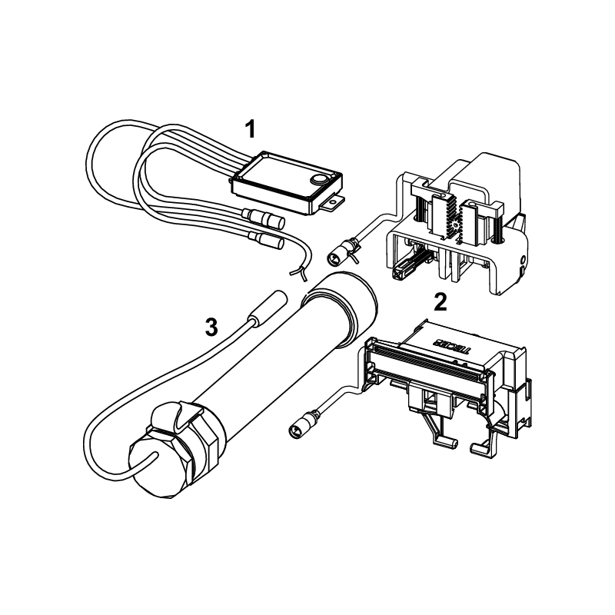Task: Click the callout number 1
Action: pos(250,129)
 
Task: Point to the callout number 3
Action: pos(211,327)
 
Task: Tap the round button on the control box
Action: pos(319,179)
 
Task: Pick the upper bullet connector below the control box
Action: pos(264,218)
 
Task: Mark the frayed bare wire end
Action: pos(299,273)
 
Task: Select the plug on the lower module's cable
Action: pos(303,422)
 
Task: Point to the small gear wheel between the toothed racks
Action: pos(455,226)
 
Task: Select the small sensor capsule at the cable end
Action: pos(268,308)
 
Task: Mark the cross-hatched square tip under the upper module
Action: pos(401,271)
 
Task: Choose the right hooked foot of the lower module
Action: pos(481,447)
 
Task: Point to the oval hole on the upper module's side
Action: pos(523,260)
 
